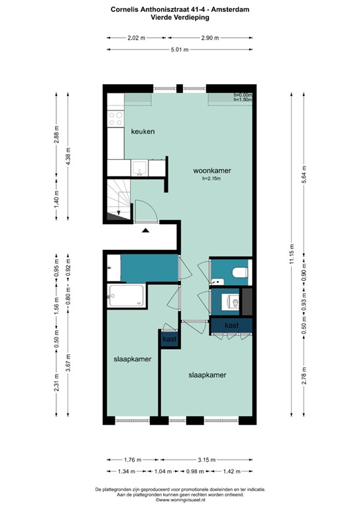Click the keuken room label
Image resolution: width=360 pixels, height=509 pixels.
click(x=143, y=131)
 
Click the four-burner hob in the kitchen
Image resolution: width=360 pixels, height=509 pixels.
click(x=115, y=119)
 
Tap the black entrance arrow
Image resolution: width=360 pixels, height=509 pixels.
click(x=145, y=229)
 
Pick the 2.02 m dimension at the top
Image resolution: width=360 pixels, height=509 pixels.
click(x=135, y=37)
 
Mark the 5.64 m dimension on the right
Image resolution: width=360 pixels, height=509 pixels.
click(x=304, y=172)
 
